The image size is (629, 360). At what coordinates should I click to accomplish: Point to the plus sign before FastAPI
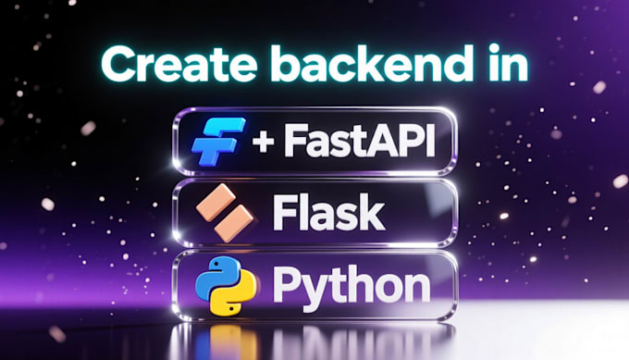click(x=264, y=142)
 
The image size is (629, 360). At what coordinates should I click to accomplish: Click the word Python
click(x=351, y=286)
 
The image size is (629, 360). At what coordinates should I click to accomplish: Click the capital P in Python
click(x=287, y=286)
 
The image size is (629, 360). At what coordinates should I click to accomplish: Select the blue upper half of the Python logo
click(x=216, y=275)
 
